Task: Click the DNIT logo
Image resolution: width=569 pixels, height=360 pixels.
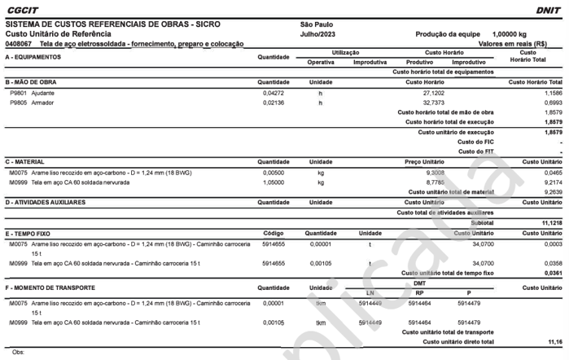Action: tap(547, 11)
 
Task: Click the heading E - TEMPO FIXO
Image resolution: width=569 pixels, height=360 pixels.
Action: tap(32, 233)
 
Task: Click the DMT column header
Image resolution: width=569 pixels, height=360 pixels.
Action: tap(420, 283)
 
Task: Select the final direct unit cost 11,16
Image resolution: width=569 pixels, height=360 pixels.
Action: tap(554, 342)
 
